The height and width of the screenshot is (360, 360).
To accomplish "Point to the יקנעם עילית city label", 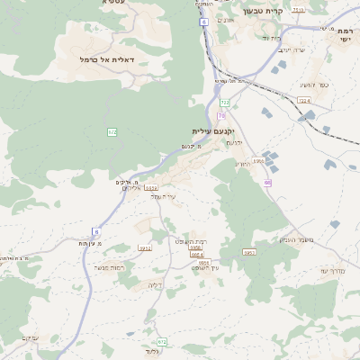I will tap(214, 131).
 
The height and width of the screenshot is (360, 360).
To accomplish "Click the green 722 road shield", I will tap(225, 103).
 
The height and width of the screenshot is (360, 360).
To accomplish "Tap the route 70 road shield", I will tap(220, 115).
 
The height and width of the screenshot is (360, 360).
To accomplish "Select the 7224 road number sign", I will tap(303, 101).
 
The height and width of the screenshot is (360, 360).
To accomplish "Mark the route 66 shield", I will tap(267, 183).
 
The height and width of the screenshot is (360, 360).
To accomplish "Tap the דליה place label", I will tap(155, 284).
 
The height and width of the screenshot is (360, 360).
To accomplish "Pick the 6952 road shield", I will tap(249, 253).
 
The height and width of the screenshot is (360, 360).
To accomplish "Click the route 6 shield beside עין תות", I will tap(95, 231).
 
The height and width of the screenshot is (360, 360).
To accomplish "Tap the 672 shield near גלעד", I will tap(162, 342).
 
